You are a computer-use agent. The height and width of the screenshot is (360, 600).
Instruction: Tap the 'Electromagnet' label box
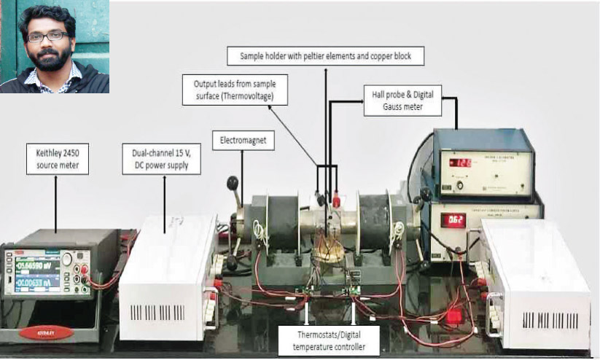pyautogui.click(x=242, y=139)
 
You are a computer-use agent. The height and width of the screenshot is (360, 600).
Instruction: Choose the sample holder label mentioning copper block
pyautogui.click(x=326, y=55)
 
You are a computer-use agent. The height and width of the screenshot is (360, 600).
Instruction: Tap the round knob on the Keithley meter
pyautogui.click(x=67, y=260)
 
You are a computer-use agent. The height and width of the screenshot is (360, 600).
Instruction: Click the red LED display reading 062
pyautogui.click(x=454, y=219)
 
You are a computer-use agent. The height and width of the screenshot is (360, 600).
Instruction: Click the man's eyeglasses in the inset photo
pyautogui.click(x=48, y=36)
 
